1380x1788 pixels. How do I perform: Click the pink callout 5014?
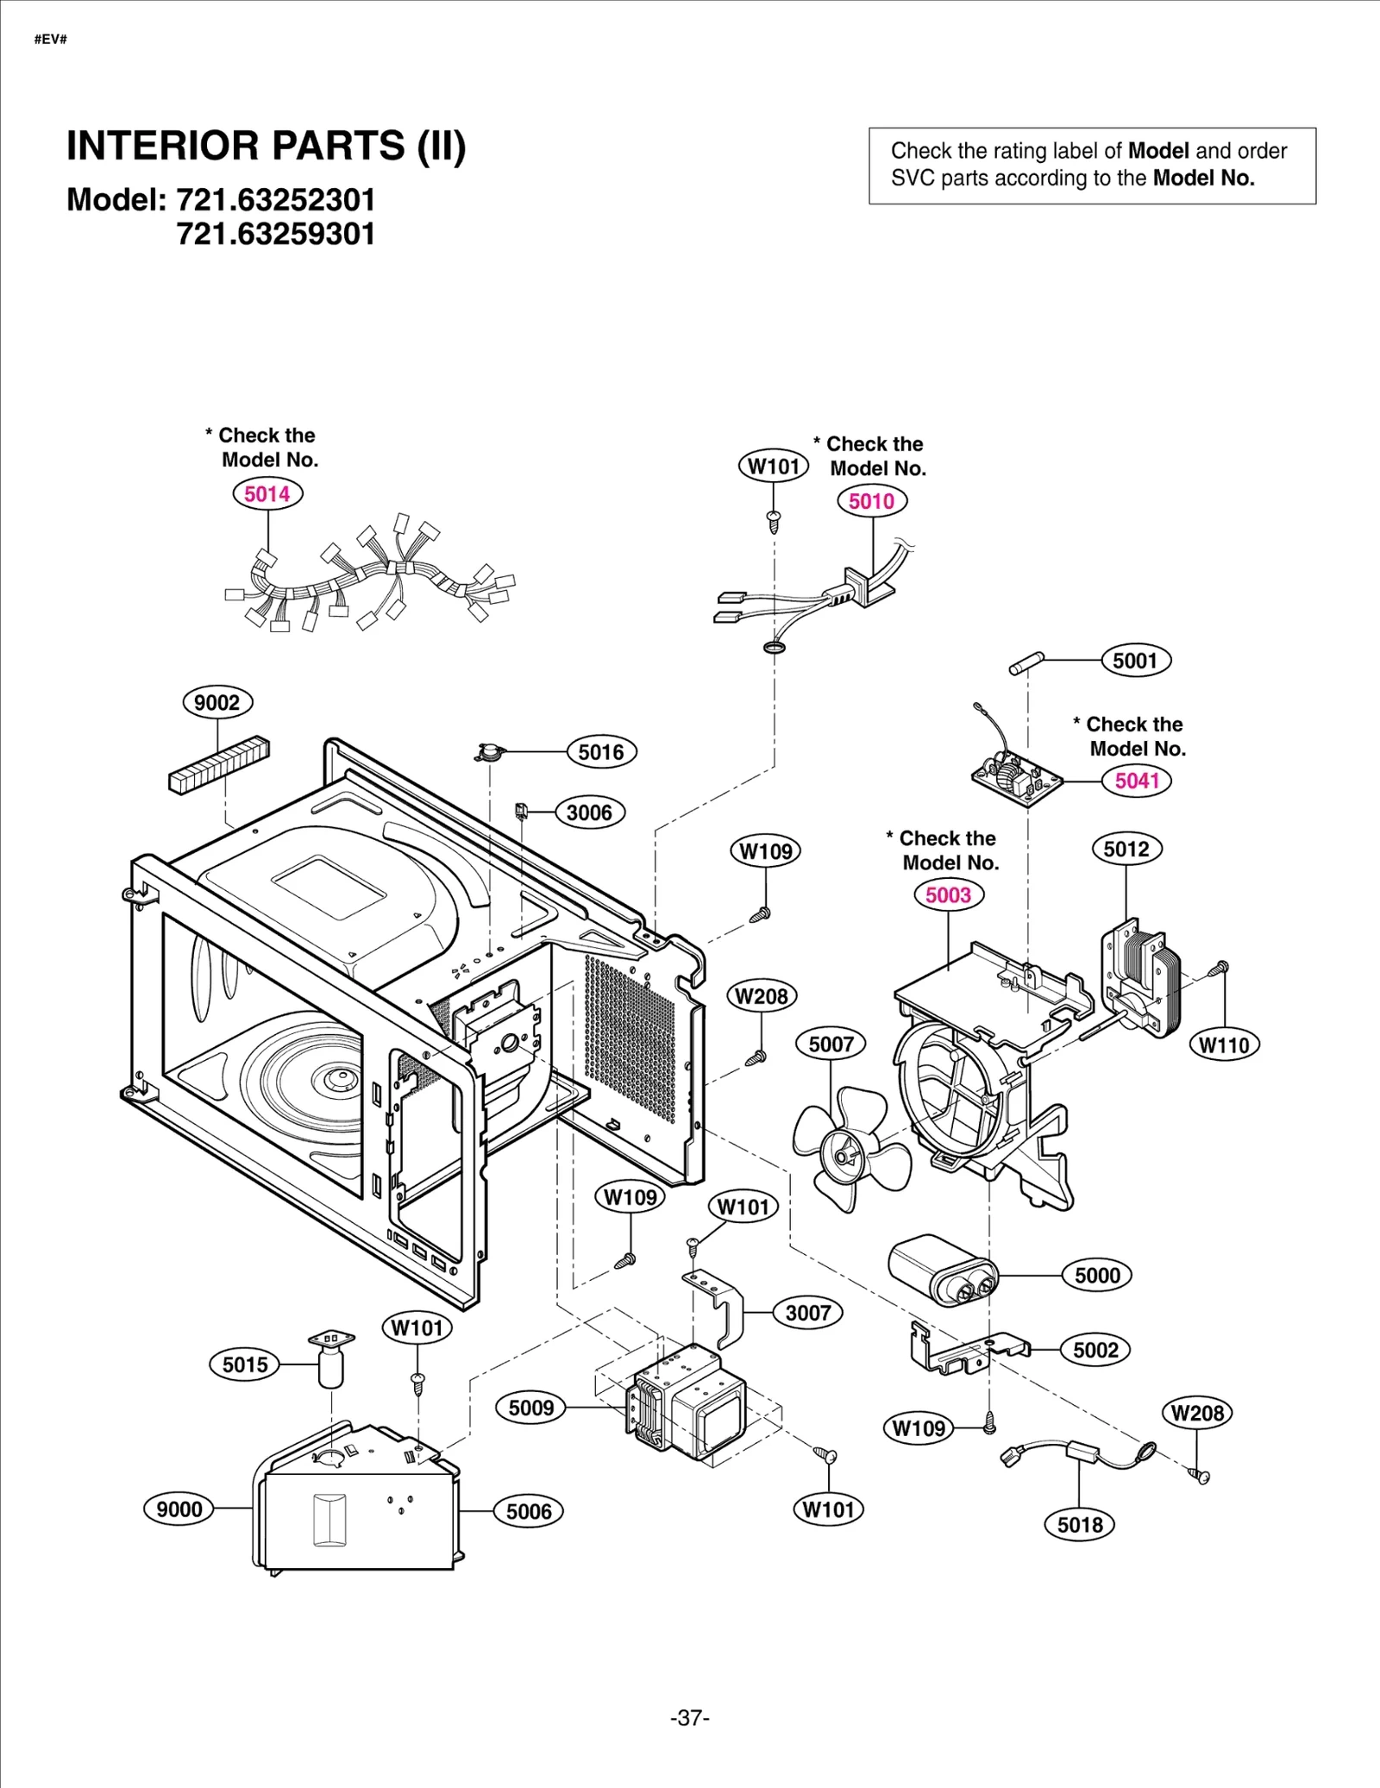(x=267, y=494)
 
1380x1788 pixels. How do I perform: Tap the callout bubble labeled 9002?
(x=217, y=702)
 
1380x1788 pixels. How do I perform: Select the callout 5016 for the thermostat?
(x=601, y=752)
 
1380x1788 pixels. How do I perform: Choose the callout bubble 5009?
(x=530, y=1408)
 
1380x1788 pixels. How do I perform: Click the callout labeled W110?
(x=1223, y=1045)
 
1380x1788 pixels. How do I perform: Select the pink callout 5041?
(x=1136, y=781)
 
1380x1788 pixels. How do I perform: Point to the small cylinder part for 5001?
(x=1026, y=664)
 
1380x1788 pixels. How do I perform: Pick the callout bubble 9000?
(x=179, y=1509)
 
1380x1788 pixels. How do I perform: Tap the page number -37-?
(x=689, y=1718)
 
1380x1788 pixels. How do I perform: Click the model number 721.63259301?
(x=276, y=235)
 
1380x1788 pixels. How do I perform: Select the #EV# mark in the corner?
(x=50, y=40)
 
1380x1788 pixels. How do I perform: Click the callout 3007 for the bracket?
(x=807, y=1314)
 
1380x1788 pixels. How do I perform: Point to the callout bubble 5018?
(x=1080, y=1525)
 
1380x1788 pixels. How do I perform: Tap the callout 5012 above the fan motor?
(x=1126, y=850)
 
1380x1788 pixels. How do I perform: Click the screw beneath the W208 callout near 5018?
(x=1200, y=1476)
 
